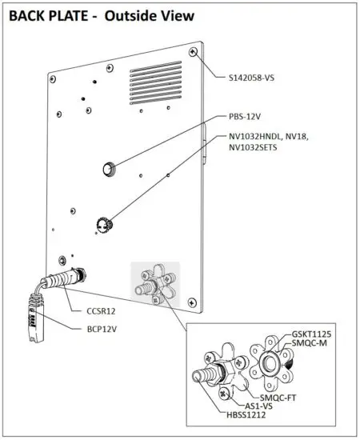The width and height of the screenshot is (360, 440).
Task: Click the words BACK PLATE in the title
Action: (x=45, y=14)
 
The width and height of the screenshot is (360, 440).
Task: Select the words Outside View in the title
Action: (x=149, y=14)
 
